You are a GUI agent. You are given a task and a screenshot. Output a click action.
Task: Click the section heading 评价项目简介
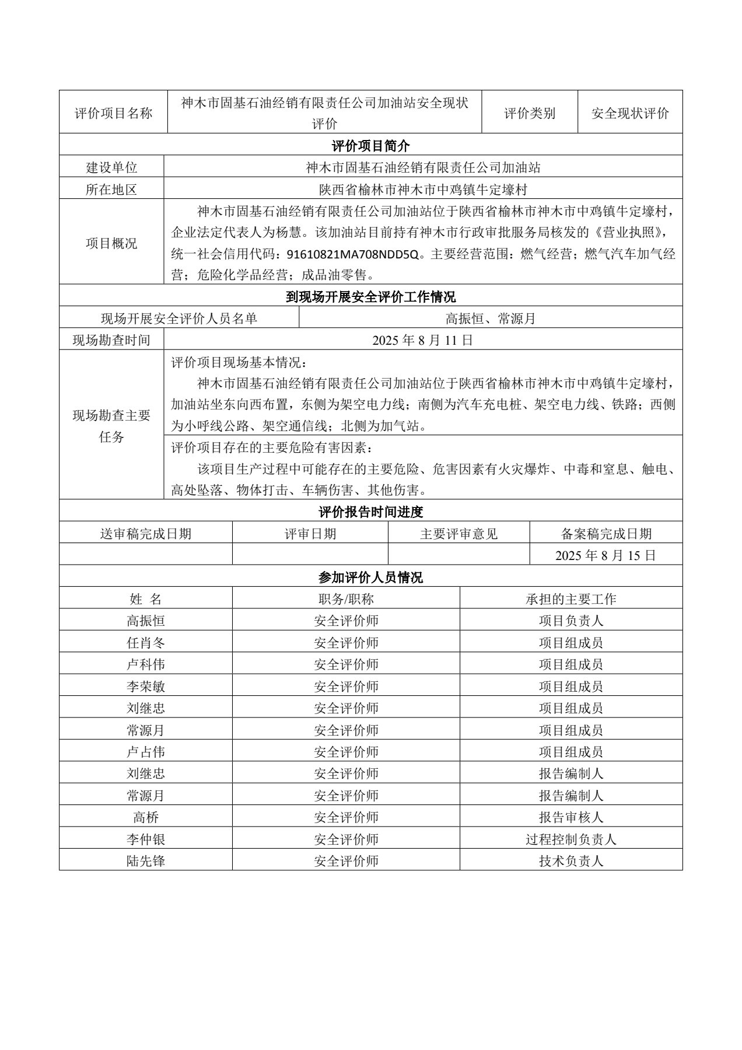[370, 145]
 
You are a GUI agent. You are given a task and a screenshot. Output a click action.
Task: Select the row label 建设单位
[111, 167]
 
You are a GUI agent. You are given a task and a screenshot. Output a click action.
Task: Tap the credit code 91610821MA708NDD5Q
[353, 254]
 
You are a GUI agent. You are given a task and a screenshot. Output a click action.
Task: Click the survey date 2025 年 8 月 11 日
[423, 340]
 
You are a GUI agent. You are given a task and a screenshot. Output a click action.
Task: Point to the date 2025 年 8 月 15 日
[605, 555]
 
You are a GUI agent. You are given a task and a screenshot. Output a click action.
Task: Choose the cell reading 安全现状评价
[630, 113]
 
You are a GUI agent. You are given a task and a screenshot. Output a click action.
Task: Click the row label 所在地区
[111, 190]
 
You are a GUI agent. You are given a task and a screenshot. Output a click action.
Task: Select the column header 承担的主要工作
[570, 599]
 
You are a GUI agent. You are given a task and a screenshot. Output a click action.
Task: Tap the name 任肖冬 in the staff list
[146, 643]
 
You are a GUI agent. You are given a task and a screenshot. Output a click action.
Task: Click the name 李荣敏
[146, 687]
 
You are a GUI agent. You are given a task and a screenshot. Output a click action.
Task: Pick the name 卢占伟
[146, 752]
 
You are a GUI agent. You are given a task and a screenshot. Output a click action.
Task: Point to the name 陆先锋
[146, 860]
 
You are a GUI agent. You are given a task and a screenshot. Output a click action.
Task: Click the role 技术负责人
[570, 860]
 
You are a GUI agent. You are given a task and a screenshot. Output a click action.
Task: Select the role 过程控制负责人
[570, 839]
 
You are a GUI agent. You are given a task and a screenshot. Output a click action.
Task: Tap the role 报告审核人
[570, 817]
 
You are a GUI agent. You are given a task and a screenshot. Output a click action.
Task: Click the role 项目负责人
[570, 621]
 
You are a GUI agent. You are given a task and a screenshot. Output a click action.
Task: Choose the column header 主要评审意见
[459, 534]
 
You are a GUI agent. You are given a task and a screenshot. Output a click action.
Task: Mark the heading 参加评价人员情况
[370, 577]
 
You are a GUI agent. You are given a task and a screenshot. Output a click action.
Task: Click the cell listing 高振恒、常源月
[490, 318]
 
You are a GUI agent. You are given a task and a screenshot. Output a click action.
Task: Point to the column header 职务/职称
[346, 599]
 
